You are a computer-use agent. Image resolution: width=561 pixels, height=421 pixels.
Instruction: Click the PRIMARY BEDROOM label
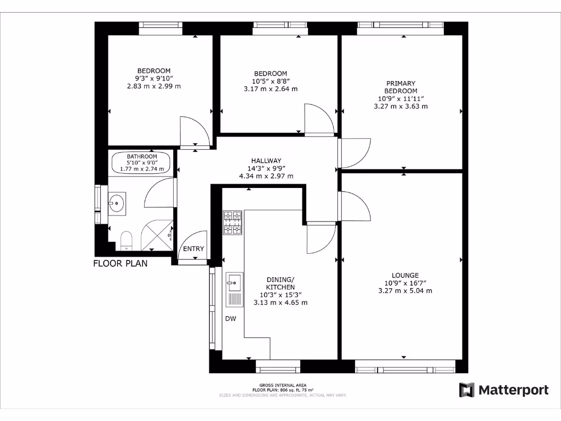(x=400, y=87)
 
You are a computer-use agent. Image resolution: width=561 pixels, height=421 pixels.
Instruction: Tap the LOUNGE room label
(x=405, y=275)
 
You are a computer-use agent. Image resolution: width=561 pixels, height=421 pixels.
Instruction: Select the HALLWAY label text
(x=266, y=160)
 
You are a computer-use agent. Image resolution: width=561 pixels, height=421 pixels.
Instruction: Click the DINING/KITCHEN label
(x=280, y=283)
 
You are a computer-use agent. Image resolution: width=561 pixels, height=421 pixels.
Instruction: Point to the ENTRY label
(x=193, y=249)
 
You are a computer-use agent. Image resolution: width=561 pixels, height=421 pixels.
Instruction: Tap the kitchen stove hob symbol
(x=232, y=223)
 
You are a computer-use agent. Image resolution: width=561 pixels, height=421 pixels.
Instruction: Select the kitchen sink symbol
(x=234, y=289)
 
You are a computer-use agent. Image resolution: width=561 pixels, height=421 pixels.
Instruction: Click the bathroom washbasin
(x=117, y=203)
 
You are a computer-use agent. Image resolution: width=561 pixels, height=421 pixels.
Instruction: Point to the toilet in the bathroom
(x=126, y=240)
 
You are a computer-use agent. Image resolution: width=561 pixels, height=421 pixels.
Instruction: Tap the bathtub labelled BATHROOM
(x=142, y=163)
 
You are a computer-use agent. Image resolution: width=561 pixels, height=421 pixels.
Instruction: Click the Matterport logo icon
(x=466, y=390)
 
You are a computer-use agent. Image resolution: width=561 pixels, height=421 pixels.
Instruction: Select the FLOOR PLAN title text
(x=120, y=264)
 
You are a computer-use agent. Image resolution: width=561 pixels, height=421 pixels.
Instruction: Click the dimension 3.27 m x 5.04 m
(x=405, y=291)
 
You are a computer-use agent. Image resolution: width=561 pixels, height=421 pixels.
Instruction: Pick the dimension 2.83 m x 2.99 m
(x=153, y=86)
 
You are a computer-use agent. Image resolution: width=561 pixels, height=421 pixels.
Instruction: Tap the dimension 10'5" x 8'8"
(x=270, y=81)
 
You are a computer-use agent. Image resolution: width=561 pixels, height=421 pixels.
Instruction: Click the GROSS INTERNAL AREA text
(x=283, y=385)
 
